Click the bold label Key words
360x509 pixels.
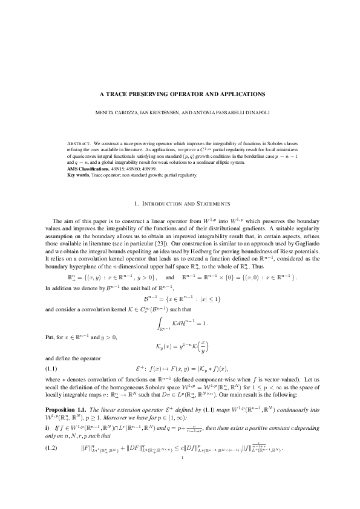(78, 175)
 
